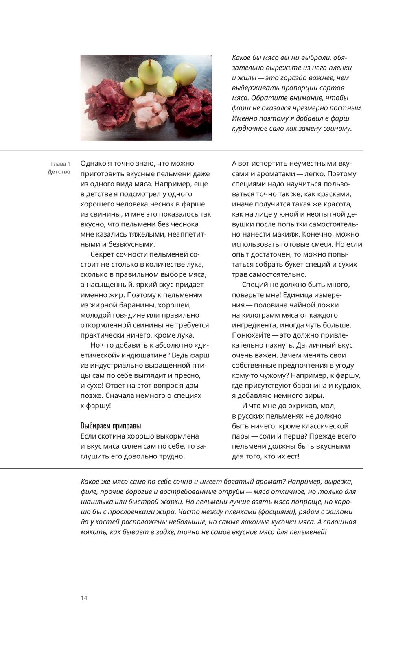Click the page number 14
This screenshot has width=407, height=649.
(x=84, y=598)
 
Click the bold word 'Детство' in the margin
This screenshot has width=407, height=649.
(x=59, y=172)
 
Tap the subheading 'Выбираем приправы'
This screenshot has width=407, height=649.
(x=111, y=426)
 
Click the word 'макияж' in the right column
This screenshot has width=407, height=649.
(x=289, y=234)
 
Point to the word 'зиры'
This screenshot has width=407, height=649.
(x=314, y=395)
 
